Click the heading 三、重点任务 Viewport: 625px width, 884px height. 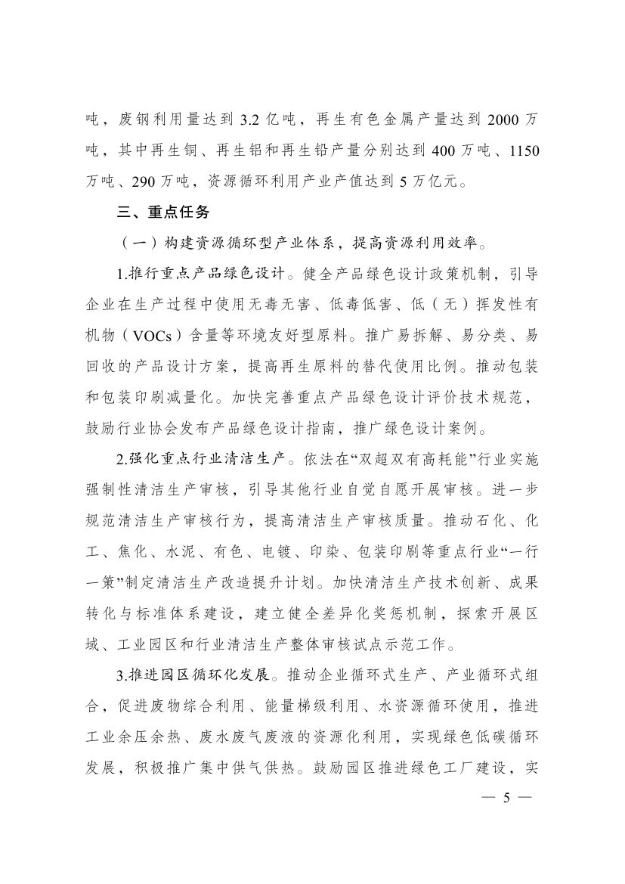[x=157, y=212]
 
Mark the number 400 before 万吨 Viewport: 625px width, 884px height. [x=444, y=150]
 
